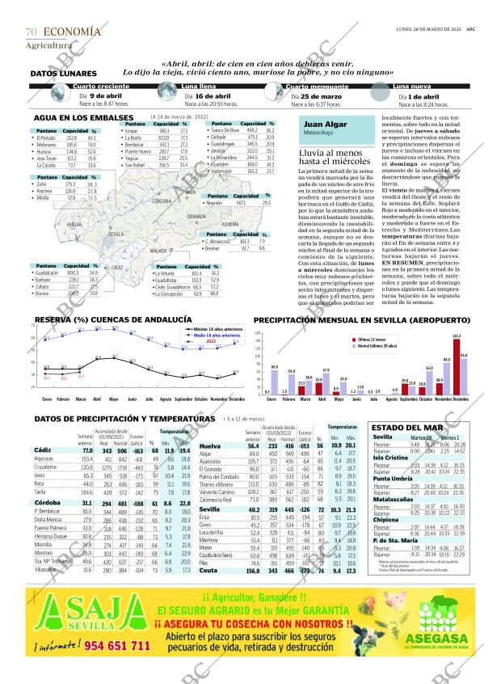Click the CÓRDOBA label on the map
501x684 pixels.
[161, 200]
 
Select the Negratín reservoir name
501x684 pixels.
[215, 203]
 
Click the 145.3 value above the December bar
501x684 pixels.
[457, 313]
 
